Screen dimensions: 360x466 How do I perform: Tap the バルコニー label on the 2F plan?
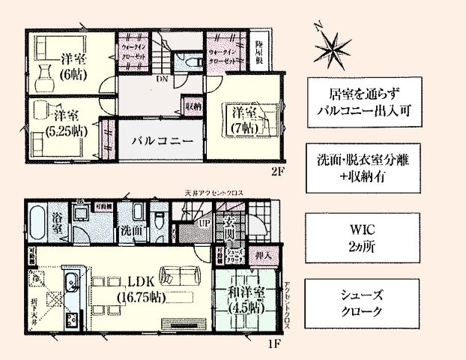[x=163, y=140]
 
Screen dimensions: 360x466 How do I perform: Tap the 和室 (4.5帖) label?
[x=245, y=300]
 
